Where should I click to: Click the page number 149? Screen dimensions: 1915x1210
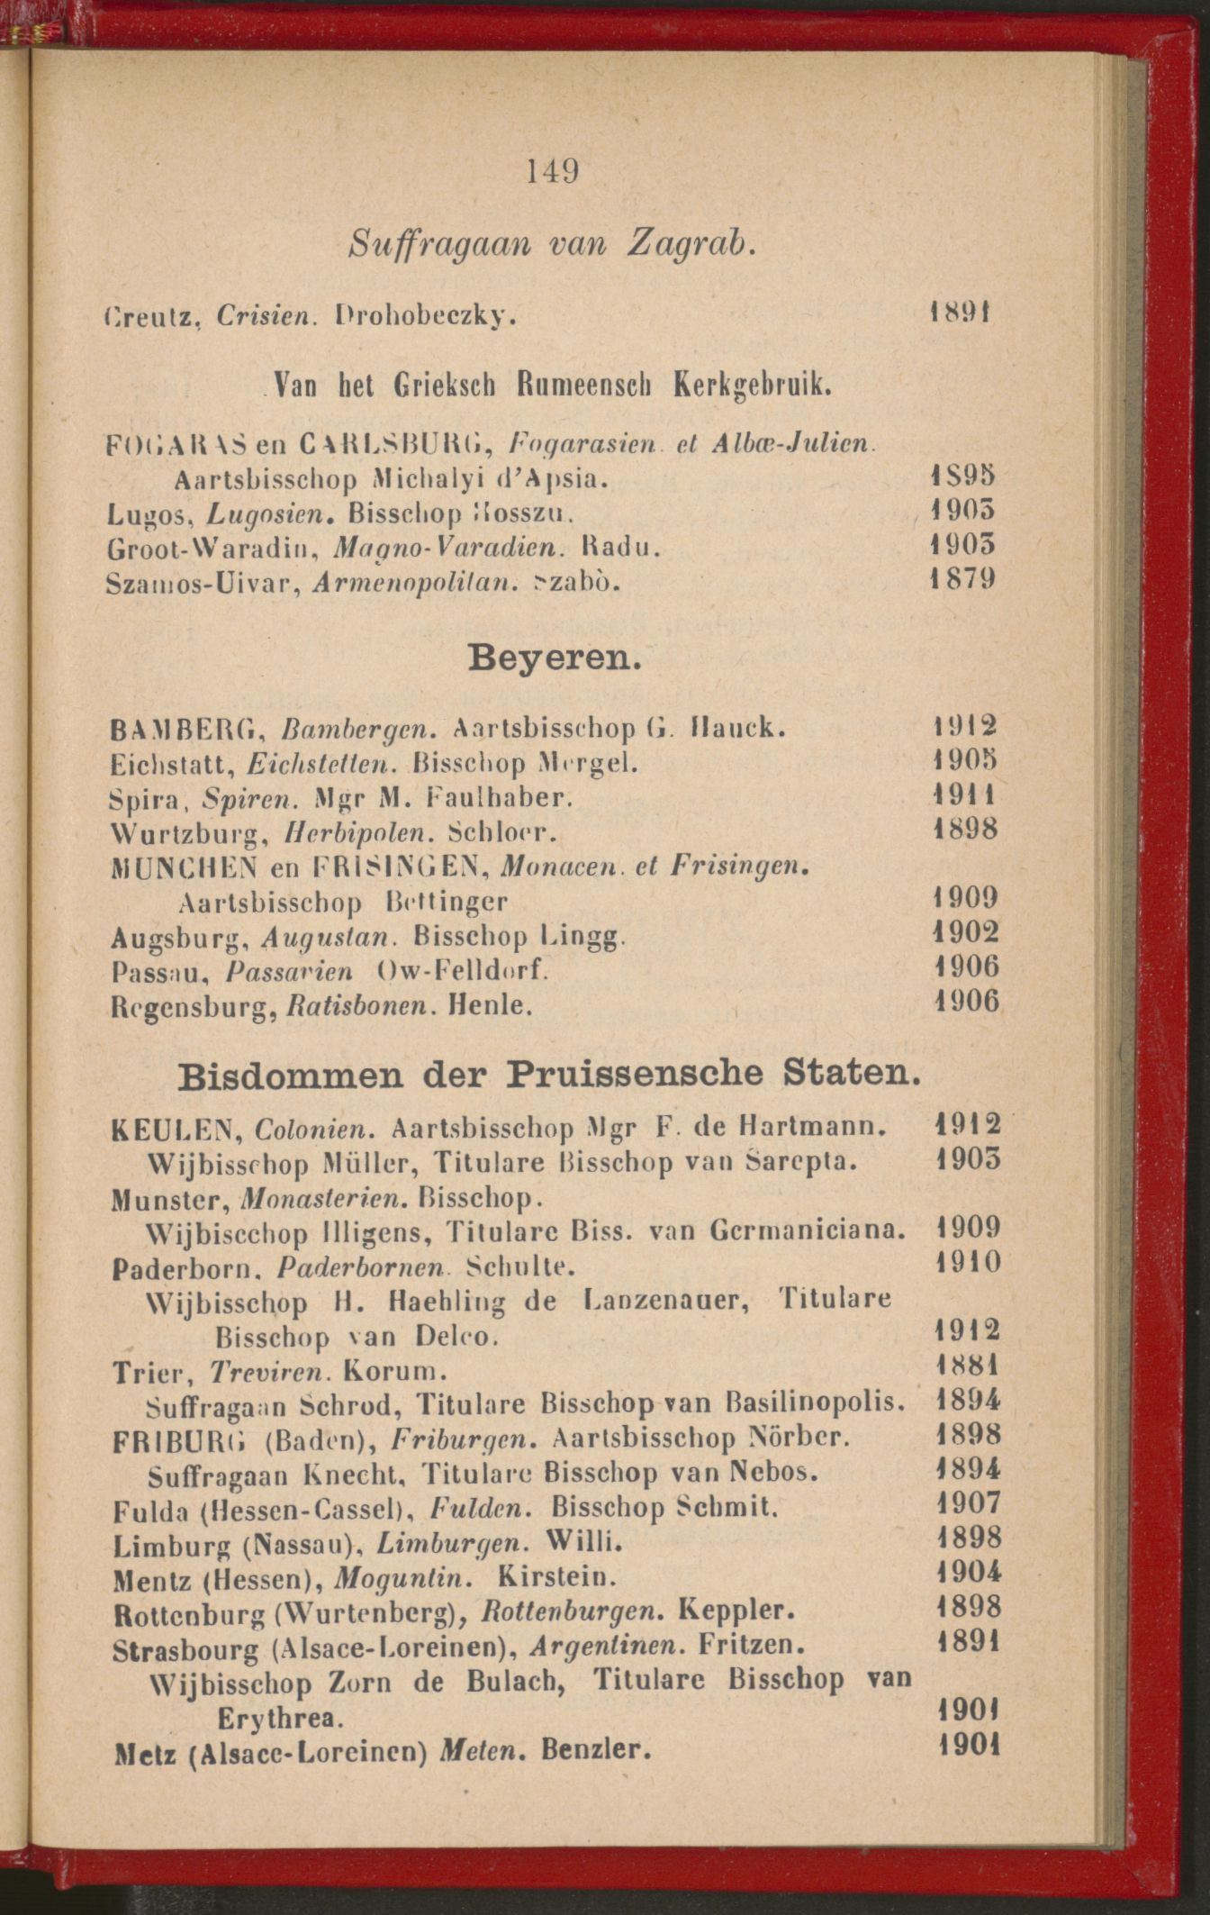553,170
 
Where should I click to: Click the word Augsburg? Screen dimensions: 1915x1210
179,939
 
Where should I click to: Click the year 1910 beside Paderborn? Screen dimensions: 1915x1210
968,1262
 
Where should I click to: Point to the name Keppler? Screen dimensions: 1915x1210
737,1609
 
